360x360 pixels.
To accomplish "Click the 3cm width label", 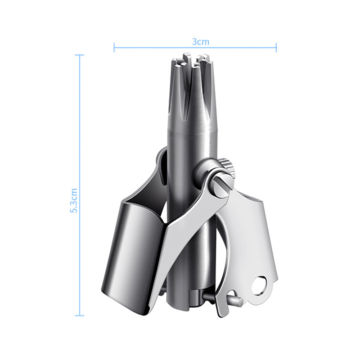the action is coord(201,42).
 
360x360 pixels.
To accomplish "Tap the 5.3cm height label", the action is coord(74,201).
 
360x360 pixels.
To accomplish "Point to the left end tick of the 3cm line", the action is coord(114,48).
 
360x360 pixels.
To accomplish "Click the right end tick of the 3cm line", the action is coord(276,48).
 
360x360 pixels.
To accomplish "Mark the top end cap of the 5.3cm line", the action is coord(80,55).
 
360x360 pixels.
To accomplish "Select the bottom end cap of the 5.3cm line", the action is coord(80,315).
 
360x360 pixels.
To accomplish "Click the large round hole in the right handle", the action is coord(260,286).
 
